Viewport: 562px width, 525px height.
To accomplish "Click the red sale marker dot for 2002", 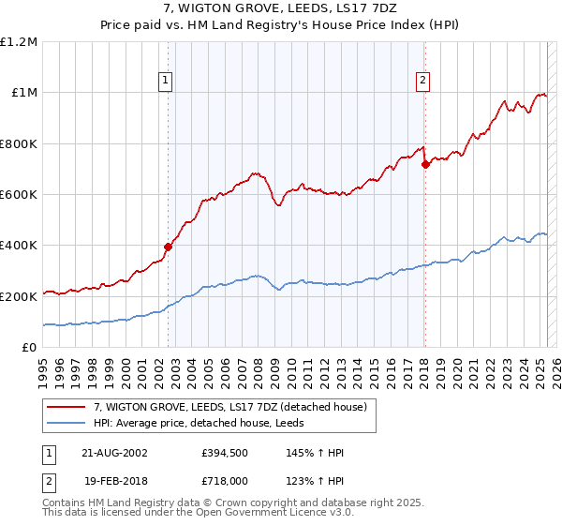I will [169, 247].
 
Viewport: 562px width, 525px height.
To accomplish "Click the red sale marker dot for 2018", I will [425, 164].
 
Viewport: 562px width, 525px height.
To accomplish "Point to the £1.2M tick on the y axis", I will [19, 41].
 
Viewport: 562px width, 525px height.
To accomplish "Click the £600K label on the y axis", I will [19, 194].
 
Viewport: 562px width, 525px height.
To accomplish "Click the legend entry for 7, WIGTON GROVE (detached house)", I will [234, 406].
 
